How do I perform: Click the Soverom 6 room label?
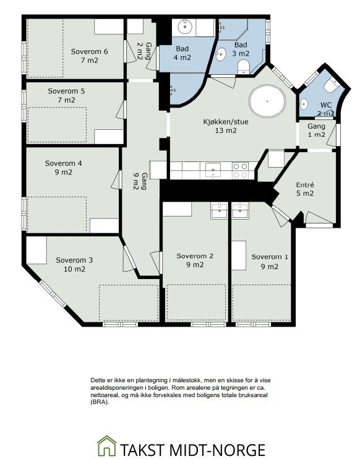89,51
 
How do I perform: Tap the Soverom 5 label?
66,91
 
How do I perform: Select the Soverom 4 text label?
64,163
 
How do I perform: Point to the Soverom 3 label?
74,260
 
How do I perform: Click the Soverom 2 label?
195,256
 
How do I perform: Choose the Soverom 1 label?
270,257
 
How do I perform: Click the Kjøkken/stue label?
226,122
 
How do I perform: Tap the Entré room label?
305,185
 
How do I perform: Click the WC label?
326,105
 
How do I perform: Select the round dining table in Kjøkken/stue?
267,101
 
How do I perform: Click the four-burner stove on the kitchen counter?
240,171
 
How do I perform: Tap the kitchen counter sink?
213,171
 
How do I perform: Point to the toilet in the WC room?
332,84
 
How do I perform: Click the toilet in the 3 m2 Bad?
243,67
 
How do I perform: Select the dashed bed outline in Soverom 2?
196,302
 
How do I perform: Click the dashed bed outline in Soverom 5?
57,125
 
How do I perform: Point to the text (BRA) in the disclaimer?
100,402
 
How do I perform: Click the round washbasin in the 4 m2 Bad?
185,27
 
